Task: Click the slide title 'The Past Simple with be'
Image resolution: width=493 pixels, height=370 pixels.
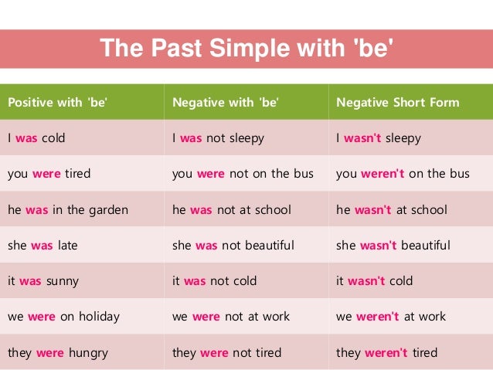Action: (246, 49)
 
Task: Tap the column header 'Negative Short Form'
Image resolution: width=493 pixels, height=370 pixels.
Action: (397, 102)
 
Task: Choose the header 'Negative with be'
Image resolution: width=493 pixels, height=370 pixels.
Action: (225, 102)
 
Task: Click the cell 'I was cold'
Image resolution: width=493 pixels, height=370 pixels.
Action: (36, 138)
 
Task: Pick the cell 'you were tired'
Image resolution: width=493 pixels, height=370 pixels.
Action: (49, 174)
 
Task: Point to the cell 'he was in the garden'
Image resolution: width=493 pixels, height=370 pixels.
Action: (68, 209)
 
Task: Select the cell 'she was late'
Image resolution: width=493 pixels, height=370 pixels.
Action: (42, 246)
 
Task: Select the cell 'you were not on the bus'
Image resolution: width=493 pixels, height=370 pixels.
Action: (243, 174)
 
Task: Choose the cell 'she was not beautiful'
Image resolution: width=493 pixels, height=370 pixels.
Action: (233, 246)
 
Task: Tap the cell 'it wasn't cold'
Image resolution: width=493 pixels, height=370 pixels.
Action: (374, 281)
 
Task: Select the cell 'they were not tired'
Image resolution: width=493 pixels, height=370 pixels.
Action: (227, 353)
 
